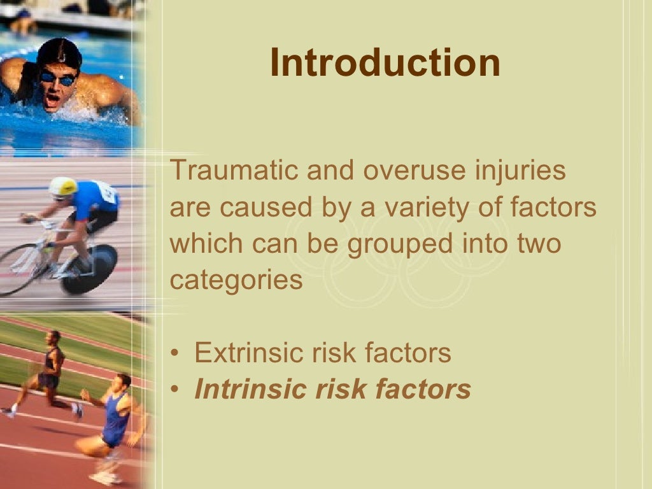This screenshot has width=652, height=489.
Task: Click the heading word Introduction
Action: pyautogui.click(x=385, y=63)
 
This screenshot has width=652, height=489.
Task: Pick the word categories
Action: pyautogui.click(x=236, y=280)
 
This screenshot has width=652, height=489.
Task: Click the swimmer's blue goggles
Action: pyautogui.click(x=57, y=78)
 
